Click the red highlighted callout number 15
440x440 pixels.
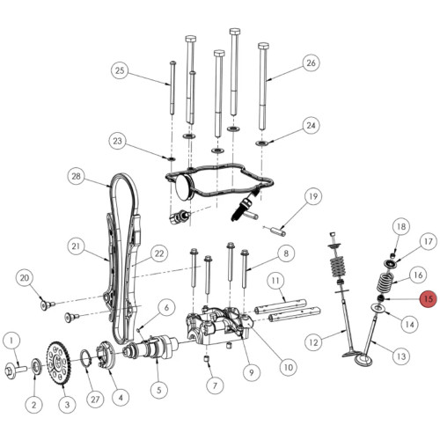coord(429,299)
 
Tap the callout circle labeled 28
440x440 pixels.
coord(76,176)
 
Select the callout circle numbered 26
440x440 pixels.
coord(311,62)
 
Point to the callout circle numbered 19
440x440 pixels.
coord(313,196)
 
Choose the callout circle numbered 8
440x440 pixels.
coord(286,253)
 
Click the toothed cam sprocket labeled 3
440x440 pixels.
coord(58,363)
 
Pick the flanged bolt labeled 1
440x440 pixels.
coord(16,370)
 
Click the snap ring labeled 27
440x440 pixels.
coord(85,360)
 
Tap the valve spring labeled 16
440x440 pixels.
coord(385,282)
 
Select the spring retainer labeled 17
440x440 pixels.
coord(390,264)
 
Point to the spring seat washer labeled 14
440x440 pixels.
coord(378,309)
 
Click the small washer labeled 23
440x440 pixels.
coord(171,158)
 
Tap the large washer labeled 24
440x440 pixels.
coord(261,143)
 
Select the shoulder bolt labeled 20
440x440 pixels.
coord(48,305)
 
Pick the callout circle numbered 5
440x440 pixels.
coord(159,390)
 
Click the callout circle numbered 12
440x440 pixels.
coord(313,342)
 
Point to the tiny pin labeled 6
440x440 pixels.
coord(138,329)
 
